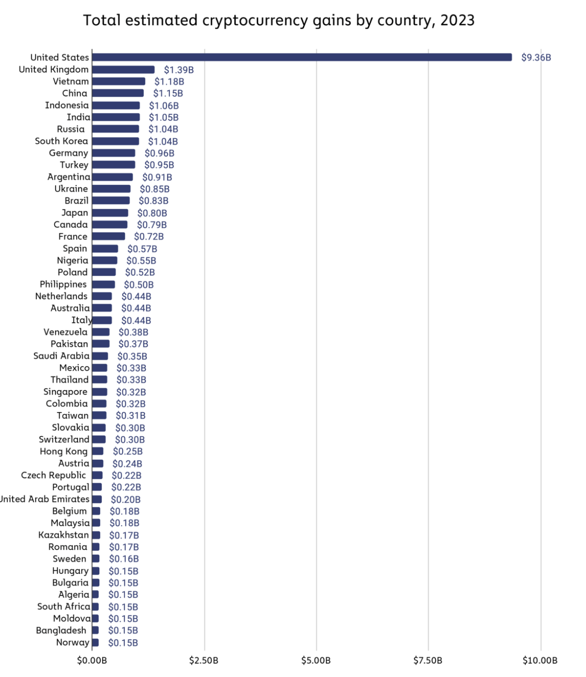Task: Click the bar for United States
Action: [301, 57]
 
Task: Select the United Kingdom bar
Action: [123, 70]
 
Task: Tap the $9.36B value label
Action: [536, 58]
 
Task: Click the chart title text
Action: [278, 20]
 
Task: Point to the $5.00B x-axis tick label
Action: [316, 661]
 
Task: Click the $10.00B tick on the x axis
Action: [540, 661]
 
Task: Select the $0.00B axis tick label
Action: [92, 661]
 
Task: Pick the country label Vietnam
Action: [71, 81]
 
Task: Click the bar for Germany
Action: [113, 153]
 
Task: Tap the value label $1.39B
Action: [178, 70]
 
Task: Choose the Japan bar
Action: [110, 213]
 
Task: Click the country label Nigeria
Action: [72, 260]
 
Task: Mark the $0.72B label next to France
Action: [149, 237]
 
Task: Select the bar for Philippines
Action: [103, 285]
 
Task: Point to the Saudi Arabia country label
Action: [61, 356]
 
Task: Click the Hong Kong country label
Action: [63, 451]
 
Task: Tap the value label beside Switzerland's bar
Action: [129, 440]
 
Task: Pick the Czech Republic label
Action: [53, 475]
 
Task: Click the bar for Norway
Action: [95, 643]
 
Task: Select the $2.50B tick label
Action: [203, 661]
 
